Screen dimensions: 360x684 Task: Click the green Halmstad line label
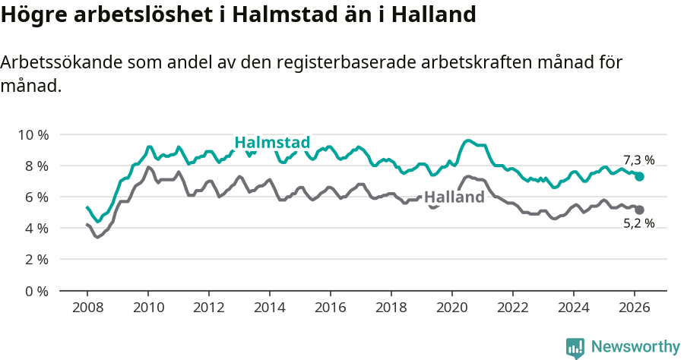(x=272, y=143)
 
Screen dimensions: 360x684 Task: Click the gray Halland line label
(x=454, y=197)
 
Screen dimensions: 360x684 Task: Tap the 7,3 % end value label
(x=638, y=160)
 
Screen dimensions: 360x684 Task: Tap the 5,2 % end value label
(x=638, y=223)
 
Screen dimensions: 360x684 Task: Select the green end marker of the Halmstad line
(x=639, y=176)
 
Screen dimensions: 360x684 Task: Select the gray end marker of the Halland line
(x=639, y=210)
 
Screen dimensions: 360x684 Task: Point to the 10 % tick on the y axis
(x=33, y=134)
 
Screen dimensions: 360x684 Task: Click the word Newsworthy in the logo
(x=635, y=347)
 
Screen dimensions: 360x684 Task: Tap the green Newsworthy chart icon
(x=575, y=348)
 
